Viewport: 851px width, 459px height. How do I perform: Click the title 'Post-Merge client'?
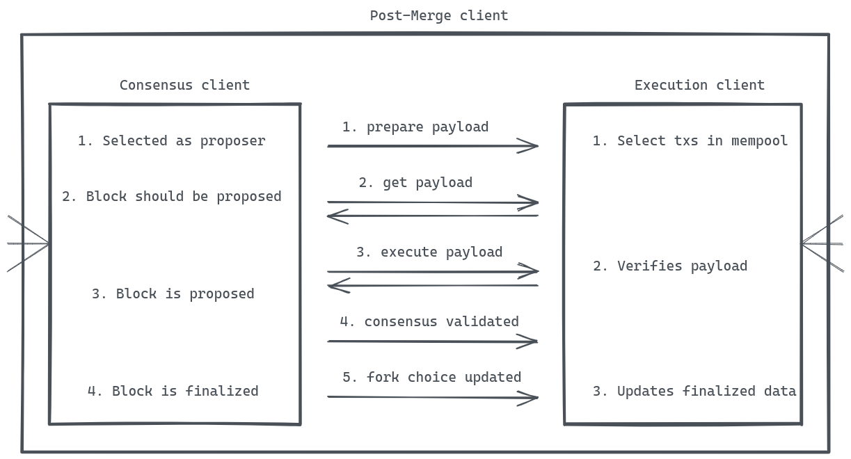[x=438, y=15]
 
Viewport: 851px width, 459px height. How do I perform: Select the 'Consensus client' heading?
[x=184, y=85]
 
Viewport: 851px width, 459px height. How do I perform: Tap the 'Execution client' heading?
[x=699, y=85]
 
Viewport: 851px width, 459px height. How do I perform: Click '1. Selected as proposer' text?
[x=171, y=140]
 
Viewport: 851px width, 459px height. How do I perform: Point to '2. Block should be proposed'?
[x=171, y=196]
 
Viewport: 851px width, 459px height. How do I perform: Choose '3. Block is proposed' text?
[x=173, y=293]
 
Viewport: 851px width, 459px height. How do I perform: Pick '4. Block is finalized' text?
[x=173, y=391]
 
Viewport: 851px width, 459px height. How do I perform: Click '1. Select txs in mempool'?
[x=690, y=140]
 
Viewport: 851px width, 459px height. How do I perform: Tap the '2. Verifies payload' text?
[x=669, y=266]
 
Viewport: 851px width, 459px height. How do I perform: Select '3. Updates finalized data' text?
[x=694, y=391]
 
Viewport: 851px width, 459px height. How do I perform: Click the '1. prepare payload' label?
[x=415, y=127]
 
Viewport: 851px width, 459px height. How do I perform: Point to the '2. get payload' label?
[x=415, y=182]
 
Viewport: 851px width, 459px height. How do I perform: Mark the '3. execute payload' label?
[x=429, y=252]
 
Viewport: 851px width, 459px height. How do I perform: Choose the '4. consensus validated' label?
[x=429, y=321]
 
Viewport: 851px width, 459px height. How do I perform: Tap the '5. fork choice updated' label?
[x=431, y=377]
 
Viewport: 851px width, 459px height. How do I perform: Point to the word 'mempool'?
[x=759, y=140]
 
